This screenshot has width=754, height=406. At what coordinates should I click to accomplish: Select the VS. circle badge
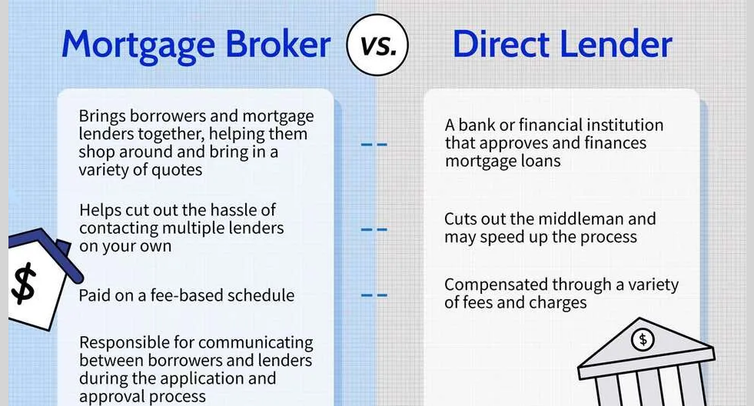(x=377, y=45)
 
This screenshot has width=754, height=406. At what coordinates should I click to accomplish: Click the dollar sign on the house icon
(x=24, y=284)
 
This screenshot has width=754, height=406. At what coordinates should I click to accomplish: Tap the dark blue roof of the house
(x=45, y=252)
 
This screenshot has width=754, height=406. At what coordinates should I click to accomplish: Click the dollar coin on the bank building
(x=643, y=340)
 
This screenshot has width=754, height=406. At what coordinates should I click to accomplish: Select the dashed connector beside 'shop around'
(x=374, y=145)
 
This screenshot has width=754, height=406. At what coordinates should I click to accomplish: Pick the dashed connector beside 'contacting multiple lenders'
(x=374, y=230)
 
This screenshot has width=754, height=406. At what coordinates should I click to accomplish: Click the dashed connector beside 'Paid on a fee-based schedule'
(x=374, y=295)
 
